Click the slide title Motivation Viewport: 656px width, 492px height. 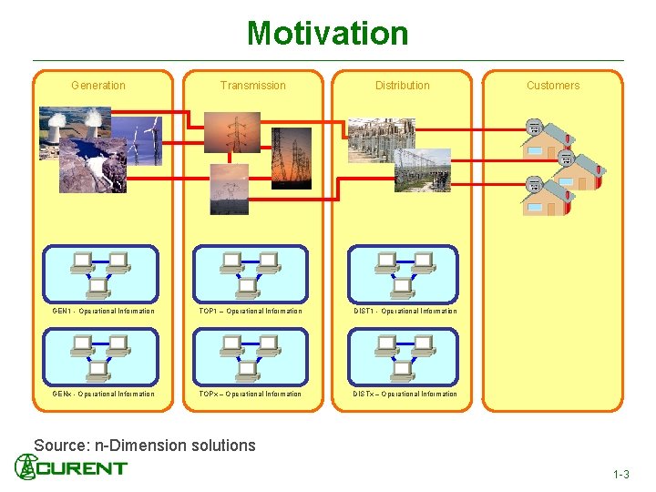327,34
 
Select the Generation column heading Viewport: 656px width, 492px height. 98,86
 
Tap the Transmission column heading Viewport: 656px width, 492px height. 252,86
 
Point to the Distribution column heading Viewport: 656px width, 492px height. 402,86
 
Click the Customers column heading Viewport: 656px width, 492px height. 552,86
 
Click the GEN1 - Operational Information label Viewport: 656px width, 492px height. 103,312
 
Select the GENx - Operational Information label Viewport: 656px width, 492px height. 103,395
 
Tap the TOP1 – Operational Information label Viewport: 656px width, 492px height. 251,312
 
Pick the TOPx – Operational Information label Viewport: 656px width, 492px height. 251,395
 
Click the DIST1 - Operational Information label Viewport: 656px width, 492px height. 405,312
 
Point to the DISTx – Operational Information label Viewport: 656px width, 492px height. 405,395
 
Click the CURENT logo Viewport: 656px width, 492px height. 71,467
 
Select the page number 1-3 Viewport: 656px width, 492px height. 620,475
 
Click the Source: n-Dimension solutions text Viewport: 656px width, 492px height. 145,446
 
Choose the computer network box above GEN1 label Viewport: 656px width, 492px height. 100,274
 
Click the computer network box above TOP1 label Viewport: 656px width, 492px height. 251,274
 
